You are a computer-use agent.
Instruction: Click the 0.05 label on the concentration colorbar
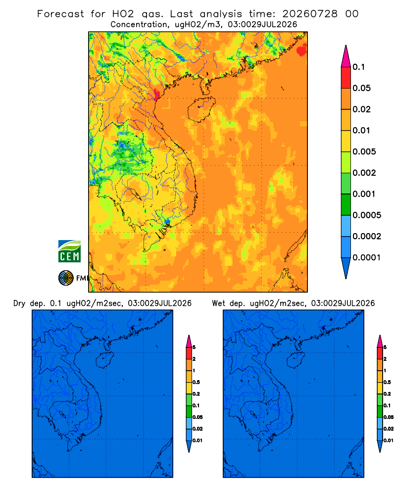point(361,88)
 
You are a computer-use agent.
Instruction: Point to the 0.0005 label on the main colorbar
point(367,215)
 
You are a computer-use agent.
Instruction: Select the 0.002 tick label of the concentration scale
point(364,173)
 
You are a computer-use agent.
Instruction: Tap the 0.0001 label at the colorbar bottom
point(367,257)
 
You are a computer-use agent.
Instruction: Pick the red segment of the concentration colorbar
point(346,77)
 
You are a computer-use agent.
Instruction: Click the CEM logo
point(69,251)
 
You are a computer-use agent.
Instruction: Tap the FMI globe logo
point(66,278)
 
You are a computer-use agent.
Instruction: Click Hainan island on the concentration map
point(201,109)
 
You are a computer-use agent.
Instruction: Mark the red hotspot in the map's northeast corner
point(302,49)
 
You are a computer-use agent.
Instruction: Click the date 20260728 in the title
point(310,14)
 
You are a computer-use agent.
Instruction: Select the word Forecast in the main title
point(60,14)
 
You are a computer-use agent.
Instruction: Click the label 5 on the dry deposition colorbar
point(194,347)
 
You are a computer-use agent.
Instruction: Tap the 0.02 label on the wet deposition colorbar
point(389,429)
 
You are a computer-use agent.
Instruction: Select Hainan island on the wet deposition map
point(295,360)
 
